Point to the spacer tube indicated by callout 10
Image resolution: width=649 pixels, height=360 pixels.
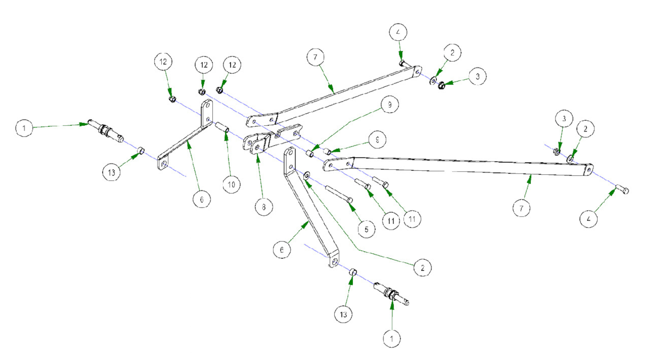221,127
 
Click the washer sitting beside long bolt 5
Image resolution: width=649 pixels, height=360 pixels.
306,176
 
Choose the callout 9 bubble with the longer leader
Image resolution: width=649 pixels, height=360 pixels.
390,105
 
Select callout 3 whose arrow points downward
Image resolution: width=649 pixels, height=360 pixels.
564,119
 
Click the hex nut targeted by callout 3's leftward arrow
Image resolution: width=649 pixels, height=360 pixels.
442,85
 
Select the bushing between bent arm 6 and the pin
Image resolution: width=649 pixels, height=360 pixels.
352,271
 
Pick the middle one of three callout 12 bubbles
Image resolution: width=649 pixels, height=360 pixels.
204,66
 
